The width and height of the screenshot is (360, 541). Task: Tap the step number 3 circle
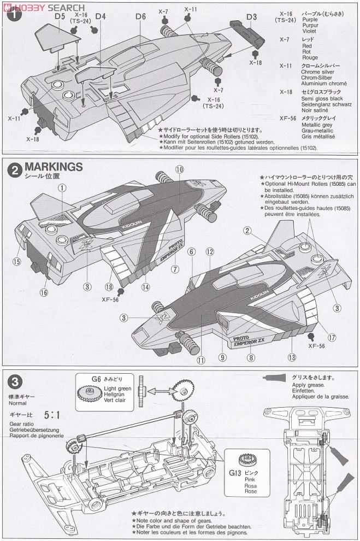[x=13, y=380]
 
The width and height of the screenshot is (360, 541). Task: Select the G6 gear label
[x=97, y=378]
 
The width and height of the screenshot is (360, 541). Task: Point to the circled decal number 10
[x=179, y=169]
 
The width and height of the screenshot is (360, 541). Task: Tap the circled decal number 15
[x=17, y=262]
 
